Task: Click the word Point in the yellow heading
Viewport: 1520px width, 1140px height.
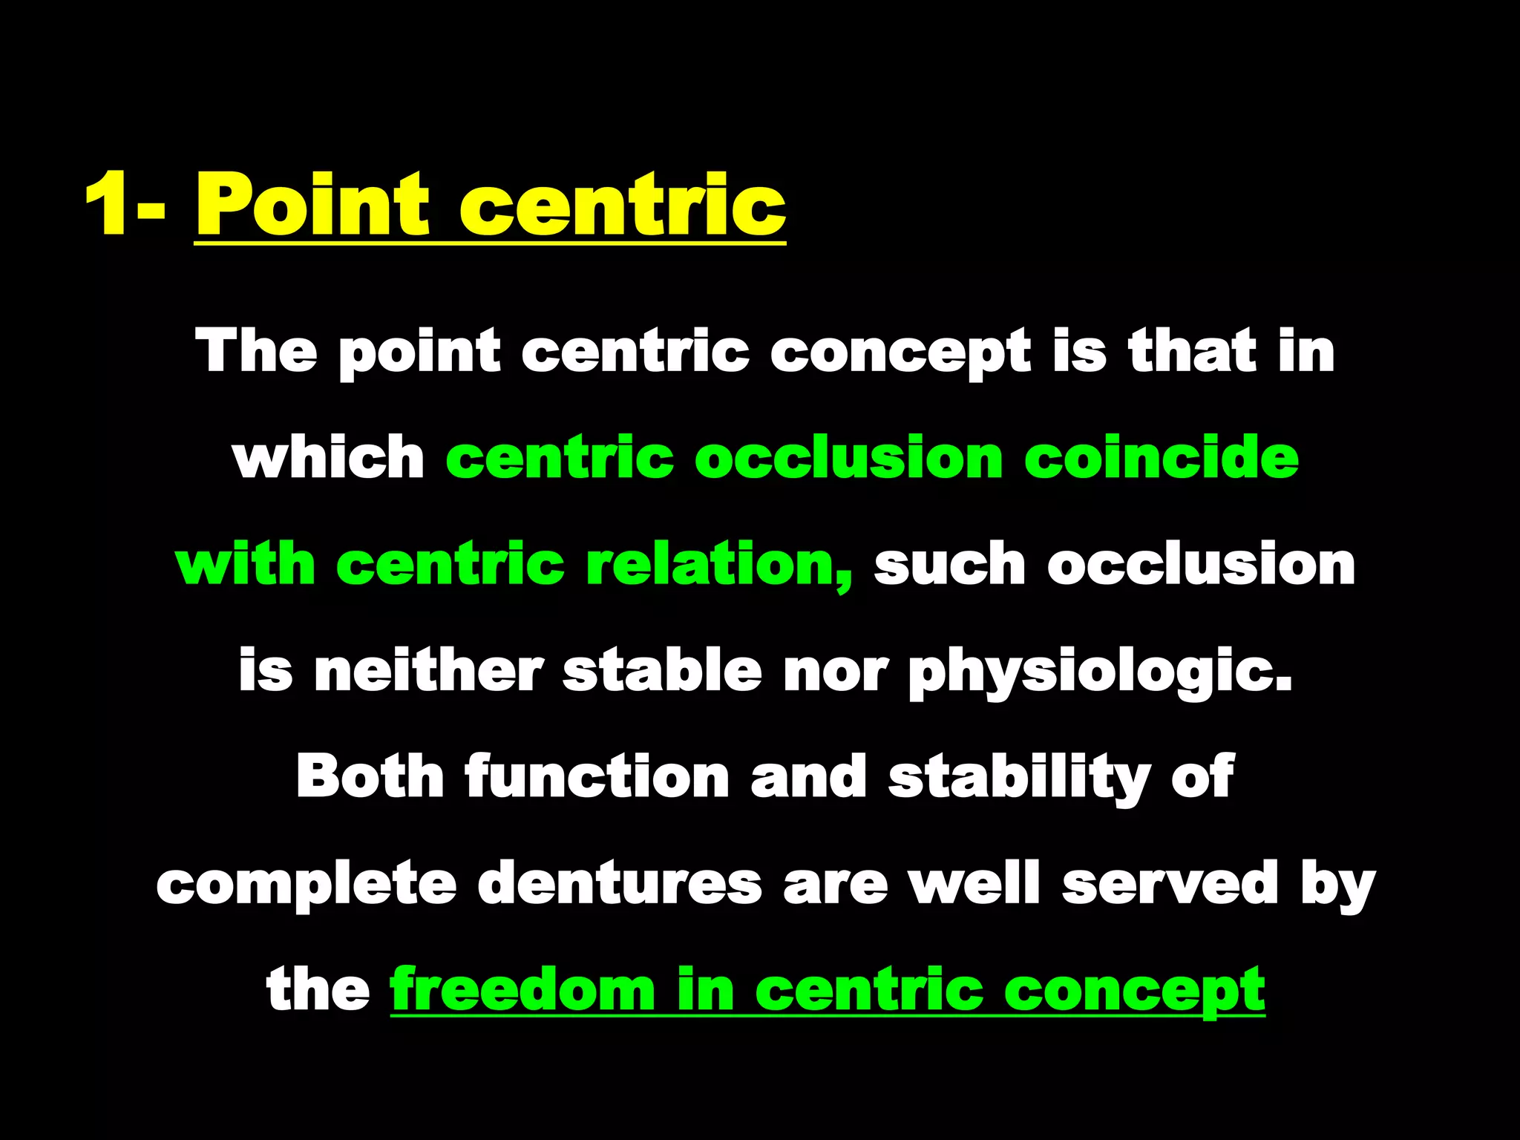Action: click(312, 204)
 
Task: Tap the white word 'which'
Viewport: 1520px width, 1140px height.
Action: click(329, 458)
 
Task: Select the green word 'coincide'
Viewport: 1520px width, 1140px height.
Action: click(1162, 458)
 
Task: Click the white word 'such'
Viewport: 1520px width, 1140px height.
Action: click(951, 564)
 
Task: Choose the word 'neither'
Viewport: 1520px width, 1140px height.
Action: click(428, 670)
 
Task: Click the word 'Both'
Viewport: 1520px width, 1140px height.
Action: click(370, 776)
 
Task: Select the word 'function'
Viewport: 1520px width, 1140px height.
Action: click(597, 776)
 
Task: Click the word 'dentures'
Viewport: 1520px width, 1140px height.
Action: click(620, 883)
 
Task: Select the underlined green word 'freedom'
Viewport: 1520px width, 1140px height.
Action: click(522, 989)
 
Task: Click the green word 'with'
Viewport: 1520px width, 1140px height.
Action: click(246, 564)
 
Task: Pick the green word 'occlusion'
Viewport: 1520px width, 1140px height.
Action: click(849, 458)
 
